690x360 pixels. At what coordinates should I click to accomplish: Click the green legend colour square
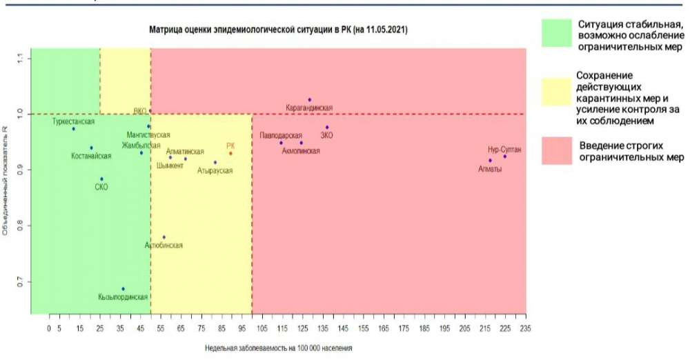[557, 34]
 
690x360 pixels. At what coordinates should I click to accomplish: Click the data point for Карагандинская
[310, 100]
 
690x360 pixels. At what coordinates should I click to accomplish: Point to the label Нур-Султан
[504, 148]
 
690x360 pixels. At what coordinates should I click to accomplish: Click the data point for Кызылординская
[124, 289]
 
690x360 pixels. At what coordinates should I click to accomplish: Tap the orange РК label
[230, 146]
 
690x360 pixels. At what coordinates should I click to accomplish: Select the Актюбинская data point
[164, 237]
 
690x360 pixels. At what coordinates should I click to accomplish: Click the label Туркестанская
[74, 121]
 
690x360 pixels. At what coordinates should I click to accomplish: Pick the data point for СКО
[101, 179]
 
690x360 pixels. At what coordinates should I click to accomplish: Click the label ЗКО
[326, 135]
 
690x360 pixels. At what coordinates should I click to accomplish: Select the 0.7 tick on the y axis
[20, 283]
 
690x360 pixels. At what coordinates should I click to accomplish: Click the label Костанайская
[91, 156]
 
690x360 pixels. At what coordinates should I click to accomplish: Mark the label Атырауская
[215, 170]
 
